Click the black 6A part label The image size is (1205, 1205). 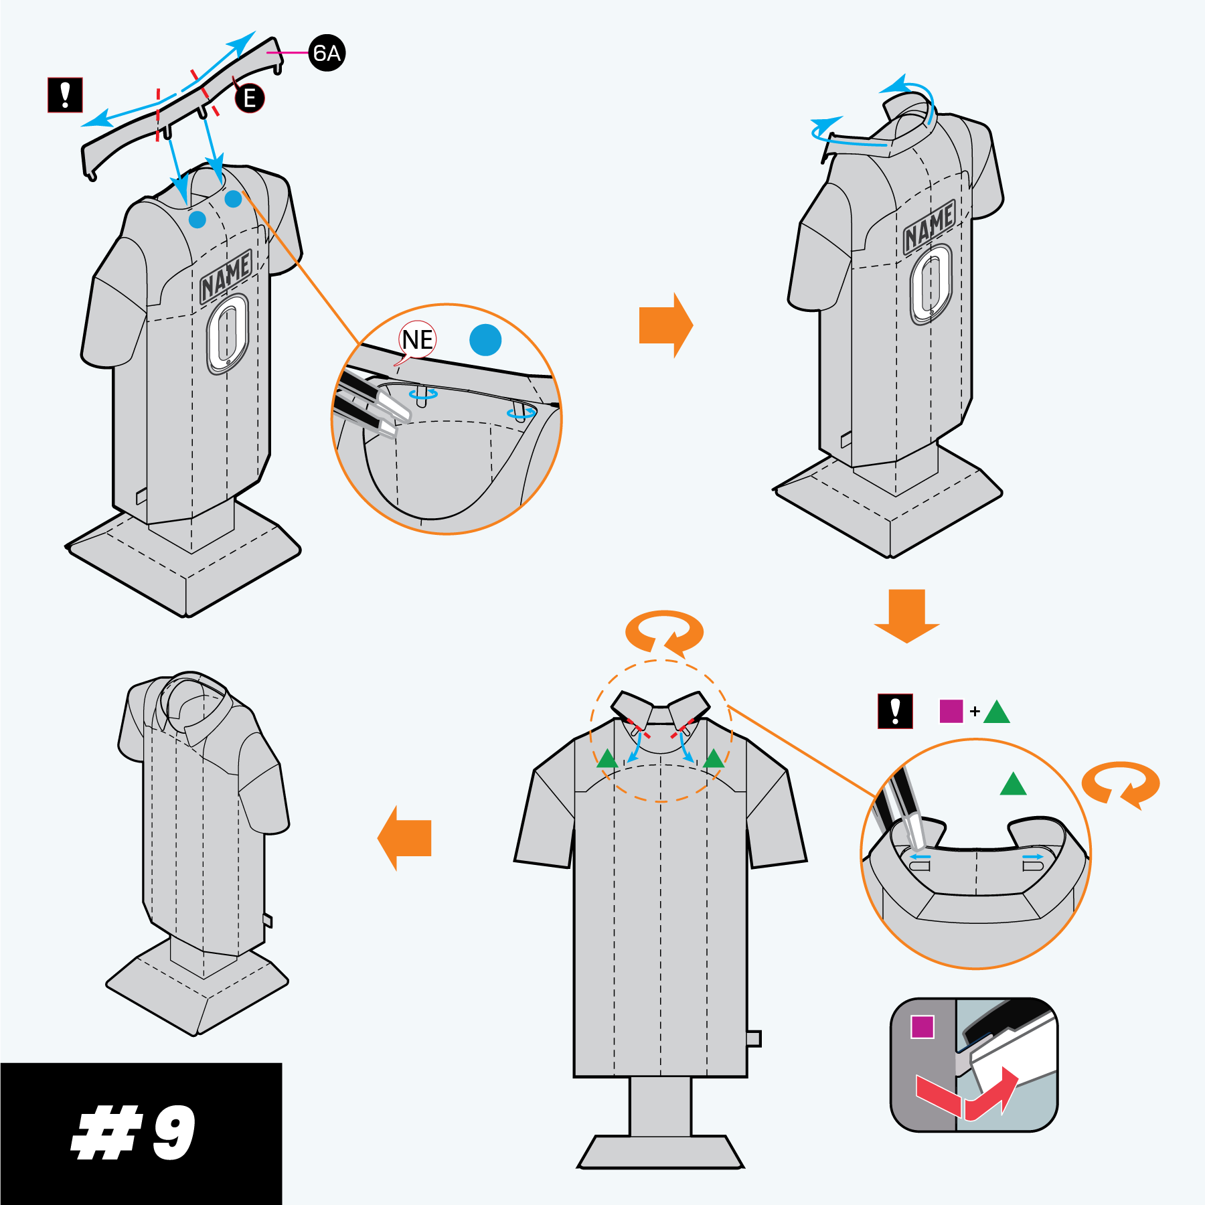click(x=327, y=52)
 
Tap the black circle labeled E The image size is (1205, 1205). click(x=250, y=98)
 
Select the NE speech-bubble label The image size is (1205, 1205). click(x=417, y=340)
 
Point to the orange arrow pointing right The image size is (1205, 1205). click(x=666, y=325)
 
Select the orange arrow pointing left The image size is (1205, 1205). click(x=404, y=838)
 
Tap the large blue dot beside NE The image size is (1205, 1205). click(x=485, y=340)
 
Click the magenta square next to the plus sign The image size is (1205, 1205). click(x=951, y=711)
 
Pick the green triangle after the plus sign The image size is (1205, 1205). click(x=997, y=712)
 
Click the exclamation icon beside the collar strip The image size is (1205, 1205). click(x=65, y=95)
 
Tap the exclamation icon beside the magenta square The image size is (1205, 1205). click(x=895, y=711)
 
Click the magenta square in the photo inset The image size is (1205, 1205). click(x=922, y=1027)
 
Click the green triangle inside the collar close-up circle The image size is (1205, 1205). click(x=1013, y=784)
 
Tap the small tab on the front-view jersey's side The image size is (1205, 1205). click(x=754, y=1038)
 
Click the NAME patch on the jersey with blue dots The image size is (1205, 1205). click(x=226, y=276)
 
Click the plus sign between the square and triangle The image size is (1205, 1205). click(x=975, y=712)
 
